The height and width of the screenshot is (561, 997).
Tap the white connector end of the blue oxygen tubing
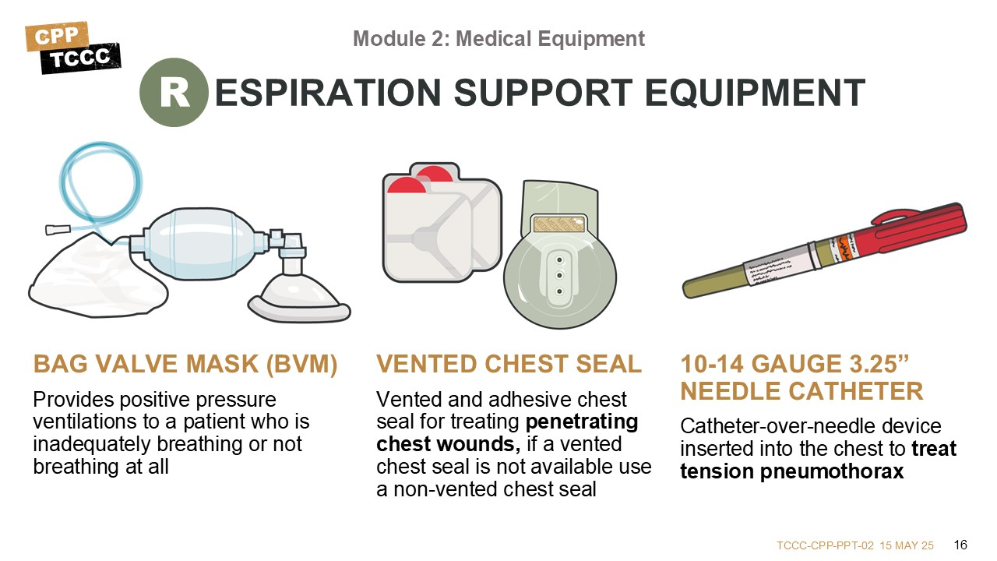pos(58,229)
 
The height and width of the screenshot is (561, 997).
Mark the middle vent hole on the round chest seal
pos(560,276)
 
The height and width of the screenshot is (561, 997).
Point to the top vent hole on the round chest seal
pos(560,260)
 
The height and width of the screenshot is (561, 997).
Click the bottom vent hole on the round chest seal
pos(560,291)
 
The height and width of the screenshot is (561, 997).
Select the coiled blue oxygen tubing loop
pos(100,183)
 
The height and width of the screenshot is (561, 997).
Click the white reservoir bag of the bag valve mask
pos(95,277)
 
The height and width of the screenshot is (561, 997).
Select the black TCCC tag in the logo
pos(80,58)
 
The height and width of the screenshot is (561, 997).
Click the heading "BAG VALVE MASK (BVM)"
pos(185,364)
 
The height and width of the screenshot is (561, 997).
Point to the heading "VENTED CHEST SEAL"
pos(509,364)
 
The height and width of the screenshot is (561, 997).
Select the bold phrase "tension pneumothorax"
pos(792,471)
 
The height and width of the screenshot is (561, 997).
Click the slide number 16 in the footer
pos(960,545)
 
